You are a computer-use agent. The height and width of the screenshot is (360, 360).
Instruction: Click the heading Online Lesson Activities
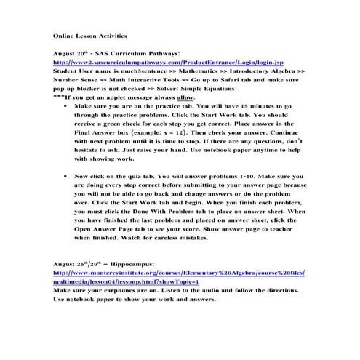point(90,34)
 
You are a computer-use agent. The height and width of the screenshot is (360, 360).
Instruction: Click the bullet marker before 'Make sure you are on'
point(66,106)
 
